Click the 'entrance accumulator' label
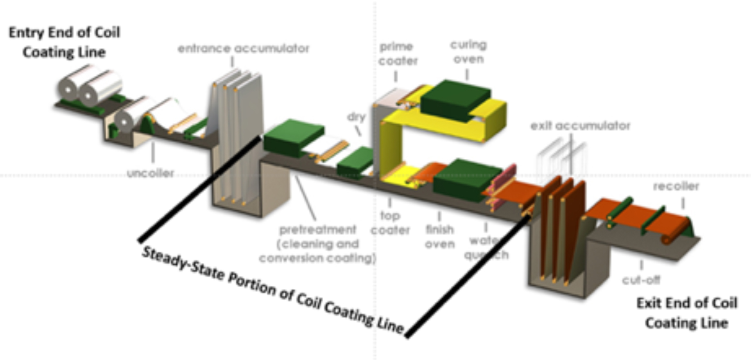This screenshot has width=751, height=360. point(243,48)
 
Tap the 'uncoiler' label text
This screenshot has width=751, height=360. point(151,173)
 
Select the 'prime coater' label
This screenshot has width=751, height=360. point(398,54)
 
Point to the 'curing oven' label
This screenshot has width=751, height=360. point(468,52)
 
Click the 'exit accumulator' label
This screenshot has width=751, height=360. point(580,125)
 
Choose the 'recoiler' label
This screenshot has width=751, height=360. point(676,186)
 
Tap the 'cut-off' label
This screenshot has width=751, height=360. point(641,280)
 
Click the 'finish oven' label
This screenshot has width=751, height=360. point(440,236)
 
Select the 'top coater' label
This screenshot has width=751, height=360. point(390,222)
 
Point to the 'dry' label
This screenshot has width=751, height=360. point(356,116)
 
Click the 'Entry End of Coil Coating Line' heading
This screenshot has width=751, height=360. point(64,42)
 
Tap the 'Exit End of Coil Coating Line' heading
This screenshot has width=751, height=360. point(686,313)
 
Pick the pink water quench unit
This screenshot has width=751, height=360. point(502,184)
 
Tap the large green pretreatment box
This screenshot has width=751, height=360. point(293,137)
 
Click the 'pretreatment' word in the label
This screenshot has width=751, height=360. point(317,229)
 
